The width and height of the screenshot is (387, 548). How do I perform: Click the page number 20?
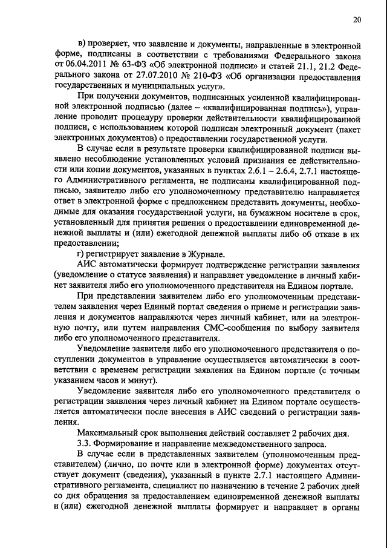click(357, 20)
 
